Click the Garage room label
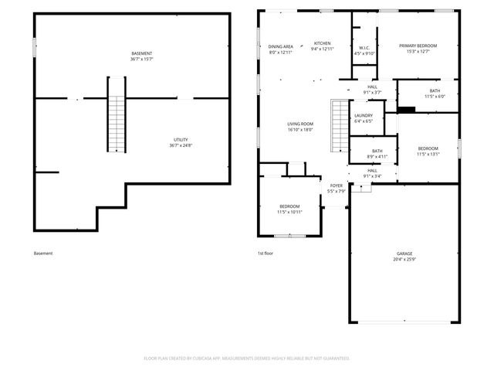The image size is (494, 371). click(404, 253)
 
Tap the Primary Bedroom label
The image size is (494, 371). click(418, 46)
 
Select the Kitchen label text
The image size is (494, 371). click(322, 43)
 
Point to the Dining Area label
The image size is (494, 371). click(281, 46)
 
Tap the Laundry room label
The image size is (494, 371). click(363, 115)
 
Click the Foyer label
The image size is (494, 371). click(337, 185)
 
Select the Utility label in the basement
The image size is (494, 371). click(179, 140)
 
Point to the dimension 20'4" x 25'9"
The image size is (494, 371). click(405, 259)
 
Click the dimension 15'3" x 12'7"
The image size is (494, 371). click(418, 53)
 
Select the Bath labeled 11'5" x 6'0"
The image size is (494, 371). click(435, 93)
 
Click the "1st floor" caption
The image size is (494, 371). click(266, 254)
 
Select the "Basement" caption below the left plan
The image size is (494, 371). click(44, 254)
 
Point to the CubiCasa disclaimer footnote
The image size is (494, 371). click(247, 358)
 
